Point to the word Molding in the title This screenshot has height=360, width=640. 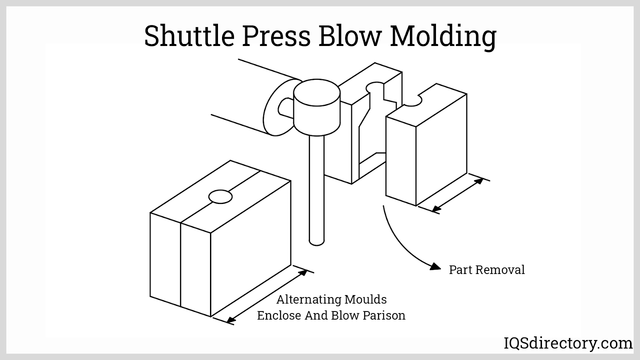443,36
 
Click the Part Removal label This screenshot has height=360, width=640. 486,270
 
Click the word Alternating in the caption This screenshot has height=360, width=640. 303,300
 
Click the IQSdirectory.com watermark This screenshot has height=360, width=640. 567,343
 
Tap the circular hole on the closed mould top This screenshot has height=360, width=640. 220,197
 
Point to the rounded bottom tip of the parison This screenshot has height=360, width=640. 316,242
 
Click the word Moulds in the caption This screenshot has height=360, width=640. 366,300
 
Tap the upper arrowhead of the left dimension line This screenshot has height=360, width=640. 304,272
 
